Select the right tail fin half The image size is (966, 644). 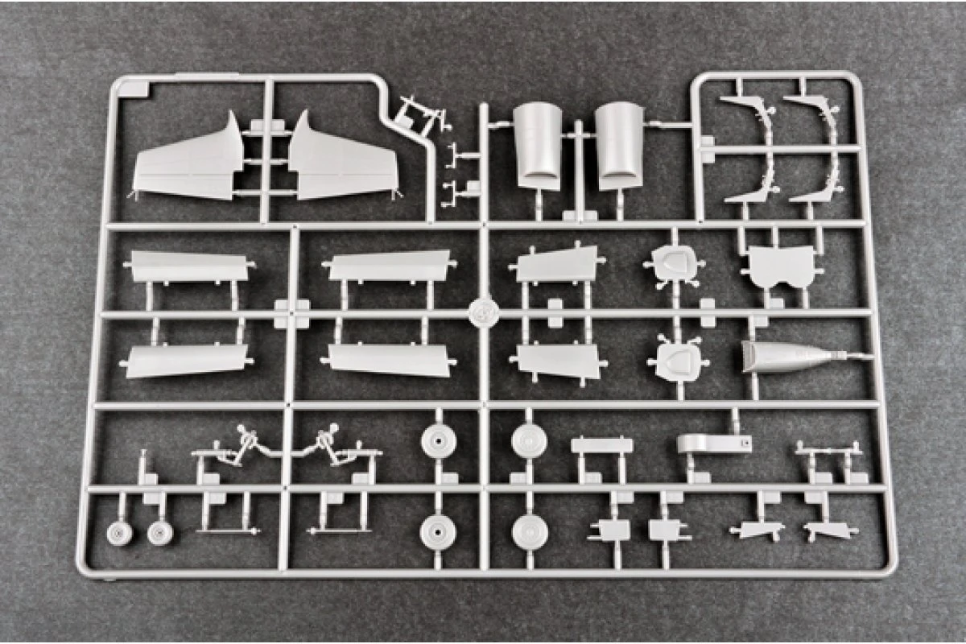(x=342, y=165)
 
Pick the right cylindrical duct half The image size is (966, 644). (x=621, y=145)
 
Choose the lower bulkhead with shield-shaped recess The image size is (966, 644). (x=675, y=361)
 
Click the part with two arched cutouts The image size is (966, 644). (x=780, y=266)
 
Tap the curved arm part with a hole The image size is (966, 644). (x=713, y=443)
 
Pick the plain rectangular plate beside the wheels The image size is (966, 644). (x=601, y=445)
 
